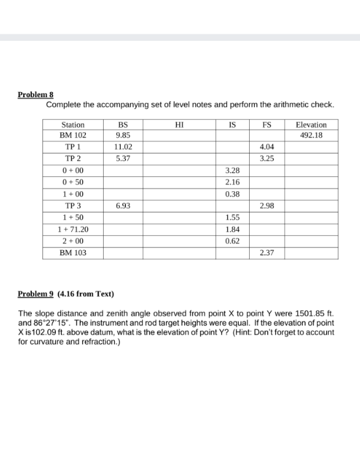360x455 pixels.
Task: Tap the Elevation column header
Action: [311, 124]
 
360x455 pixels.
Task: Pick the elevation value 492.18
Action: [311, 136]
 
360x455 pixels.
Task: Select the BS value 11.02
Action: [123, 147]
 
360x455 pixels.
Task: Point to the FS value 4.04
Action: [266, 147]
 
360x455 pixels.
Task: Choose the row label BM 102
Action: [72, 136]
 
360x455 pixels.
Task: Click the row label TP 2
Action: [72, 159]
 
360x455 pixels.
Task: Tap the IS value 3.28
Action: [232, 170]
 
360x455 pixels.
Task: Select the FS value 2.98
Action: [266, 205]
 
